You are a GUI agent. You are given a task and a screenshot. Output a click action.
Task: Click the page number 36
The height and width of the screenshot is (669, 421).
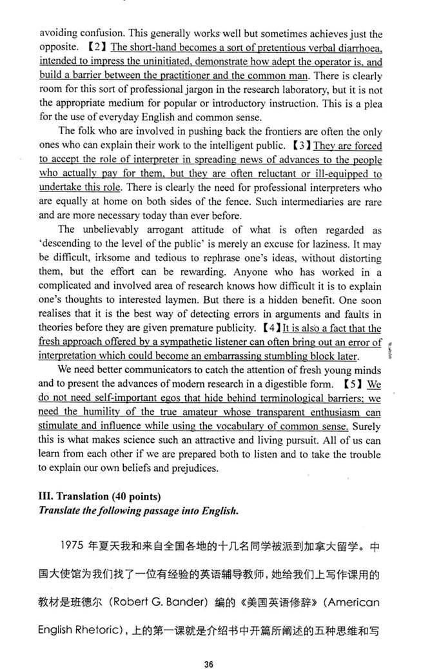(208, 646)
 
